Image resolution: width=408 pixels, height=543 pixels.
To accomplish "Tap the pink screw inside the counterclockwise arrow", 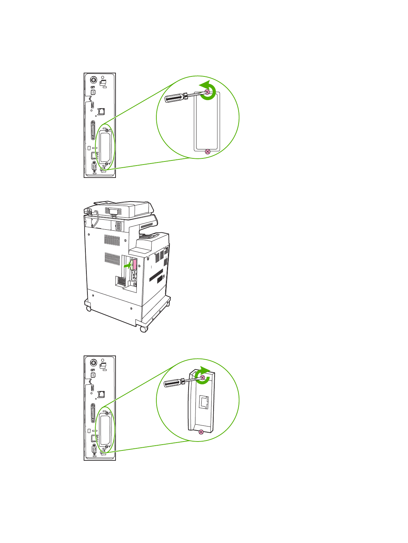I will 207,92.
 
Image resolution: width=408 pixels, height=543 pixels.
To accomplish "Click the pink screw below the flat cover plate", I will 207,152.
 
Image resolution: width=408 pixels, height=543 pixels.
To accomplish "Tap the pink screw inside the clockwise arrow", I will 202,378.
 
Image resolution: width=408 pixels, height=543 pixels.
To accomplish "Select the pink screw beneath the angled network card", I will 201,432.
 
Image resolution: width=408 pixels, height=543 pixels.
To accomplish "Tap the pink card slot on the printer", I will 135,264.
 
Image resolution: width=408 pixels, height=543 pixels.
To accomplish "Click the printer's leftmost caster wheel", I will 88,309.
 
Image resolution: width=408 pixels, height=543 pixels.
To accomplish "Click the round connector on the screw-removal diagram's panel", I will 93,81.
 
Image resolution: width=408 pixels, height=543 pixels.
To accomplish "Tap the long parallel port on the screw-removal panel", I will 93,130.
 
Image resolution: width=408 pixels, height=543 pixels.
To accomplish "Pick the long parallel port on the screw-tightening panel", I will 93,413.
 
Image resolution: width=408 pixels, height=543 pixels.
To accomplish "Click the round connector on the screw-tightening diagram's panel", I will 93,363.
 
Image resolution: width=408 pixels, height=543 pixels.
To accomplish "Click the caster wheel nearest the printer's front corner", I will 143,329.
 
